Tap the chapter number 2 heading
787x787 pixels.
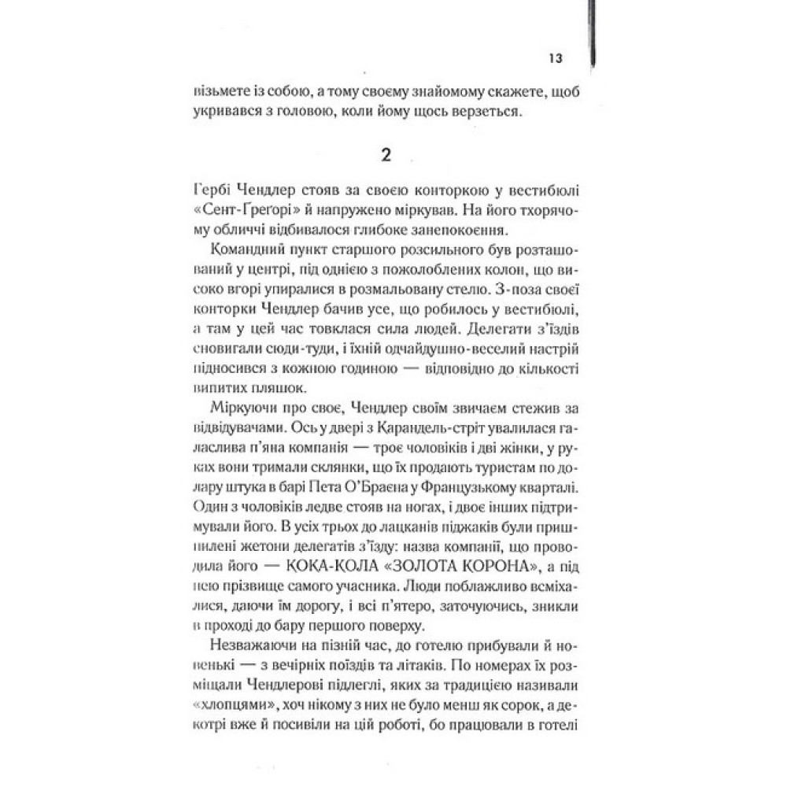[385, 155]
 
